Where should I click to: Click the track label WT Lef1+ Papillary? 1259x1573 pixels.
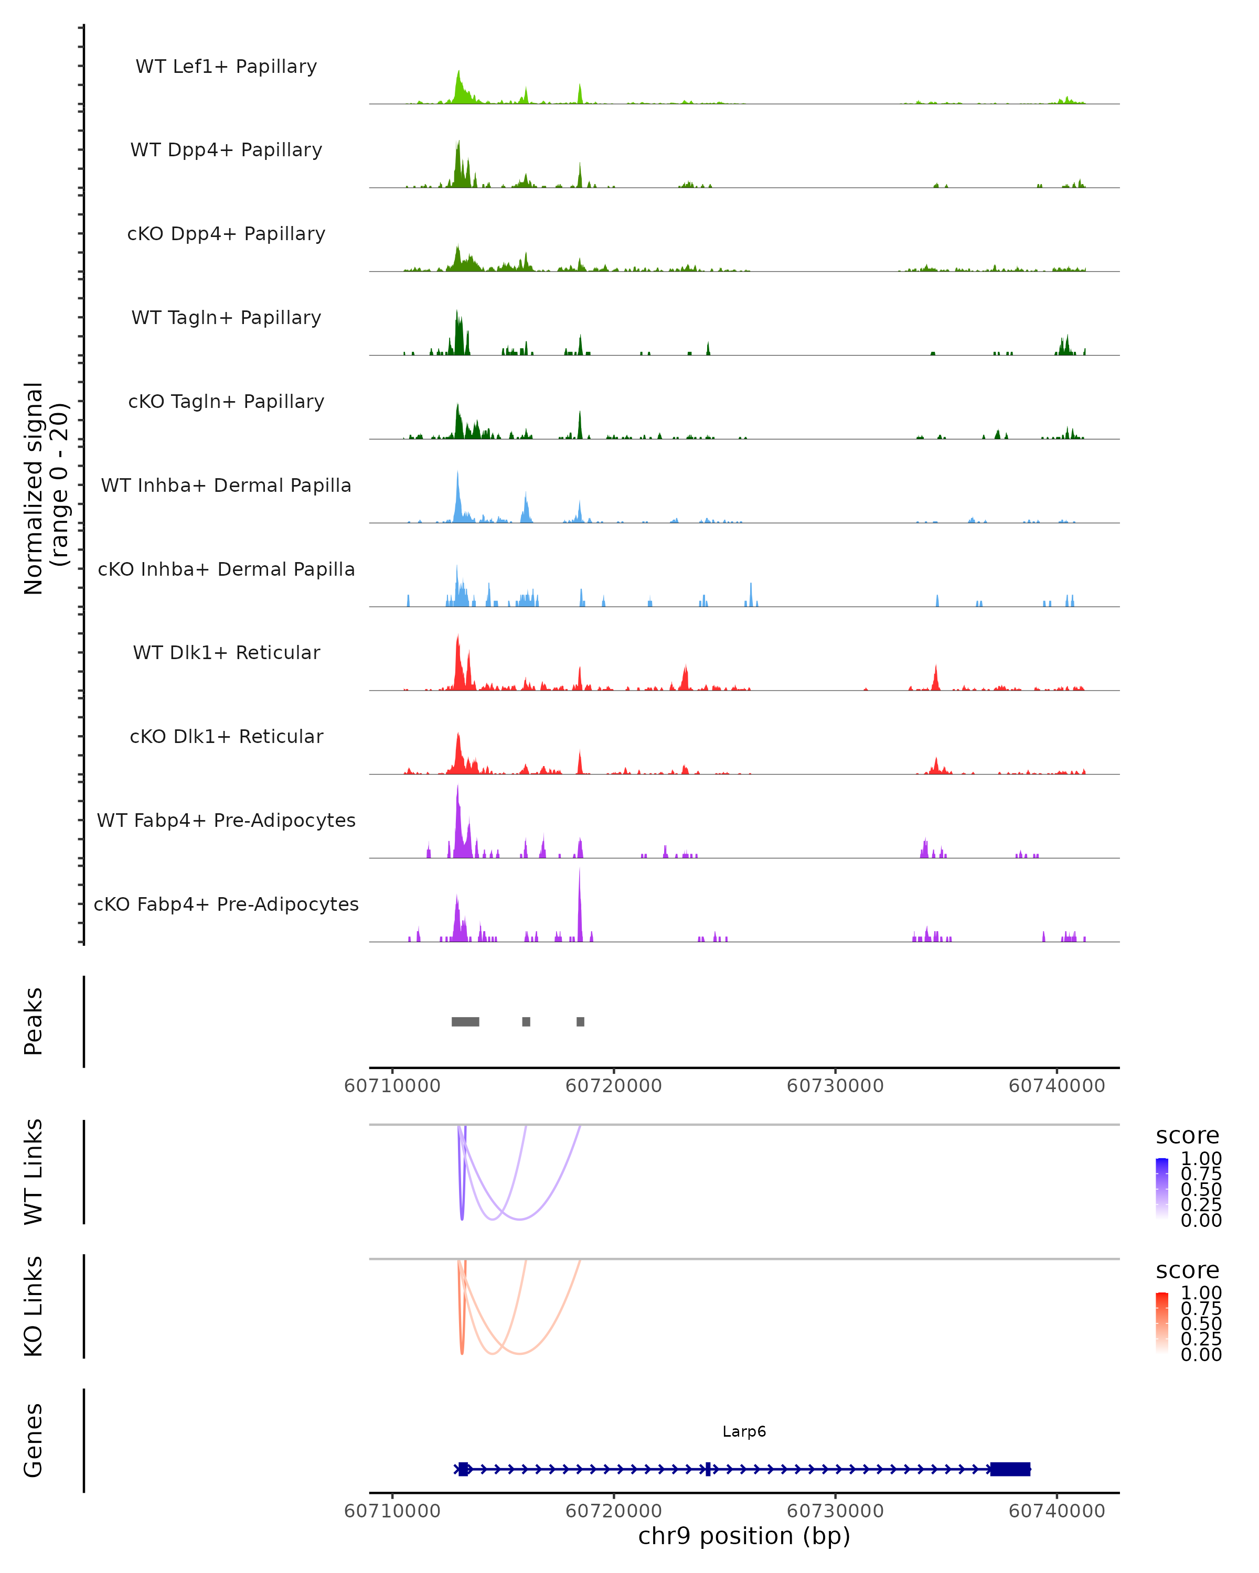[x=226, y=67]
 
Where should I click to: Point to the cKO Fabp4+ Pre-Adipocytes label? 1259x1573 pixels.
[x=226, y=904]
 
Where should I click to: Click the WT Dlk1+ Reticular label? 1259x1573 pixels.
[x=226, y=652]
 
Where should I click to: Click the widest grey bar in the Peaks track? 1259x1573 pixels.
[x=465, y=1021]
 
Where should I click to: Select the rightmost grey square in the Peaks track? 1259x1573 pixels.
[x=580, y=1021]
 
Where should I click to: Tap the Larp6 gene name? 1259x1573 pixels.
[x=744, y=1431]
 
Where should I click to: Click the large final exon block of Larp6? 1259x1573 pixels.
[x=1010, y=1469]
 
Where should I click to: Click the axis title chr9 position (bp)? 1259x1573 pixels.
[x=744, y=1536]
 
